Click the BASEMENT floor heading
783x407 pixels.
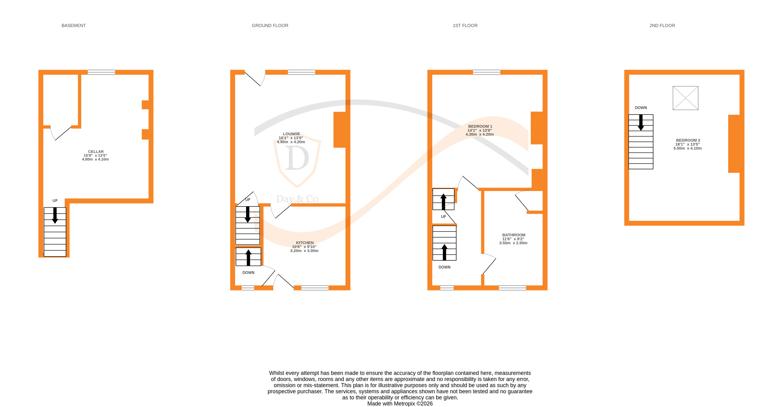[x=73, y=25]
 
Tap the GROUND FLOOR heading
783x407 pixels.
[x=270, y=25]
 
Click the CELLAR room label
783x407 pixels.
[x=96, y=152]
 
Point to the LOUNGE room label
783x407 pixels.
[x=291, y=134]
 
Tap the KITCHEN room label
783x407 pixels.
[x=305, y=243]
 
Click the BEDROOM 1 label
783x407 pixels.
[x=480, y=126]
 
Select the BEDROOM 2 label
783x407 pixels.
[x=688, y=140]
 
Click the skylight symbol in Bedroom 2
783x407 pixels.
[x=685, y=98]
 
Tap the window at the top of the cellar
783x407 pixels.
[x=101, y=72]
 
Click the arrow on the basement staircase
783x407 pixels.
[x=55, y=215]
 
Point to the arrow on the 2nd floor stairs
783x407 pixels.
[x=641, y=122]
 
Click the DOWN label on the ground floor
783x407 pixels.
[x=248, y=272]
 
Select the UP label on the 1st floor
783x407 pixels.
[x=443, y=217]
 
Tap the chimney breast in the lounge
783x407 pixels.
[x=340, y=130]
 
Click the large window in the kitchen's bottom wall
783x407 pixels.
[x=315, y=288]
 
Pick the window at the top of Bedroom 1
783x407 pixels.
[x=486, y=72]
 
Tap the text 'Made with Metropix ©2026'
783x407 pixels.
[x=400, y=404]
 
